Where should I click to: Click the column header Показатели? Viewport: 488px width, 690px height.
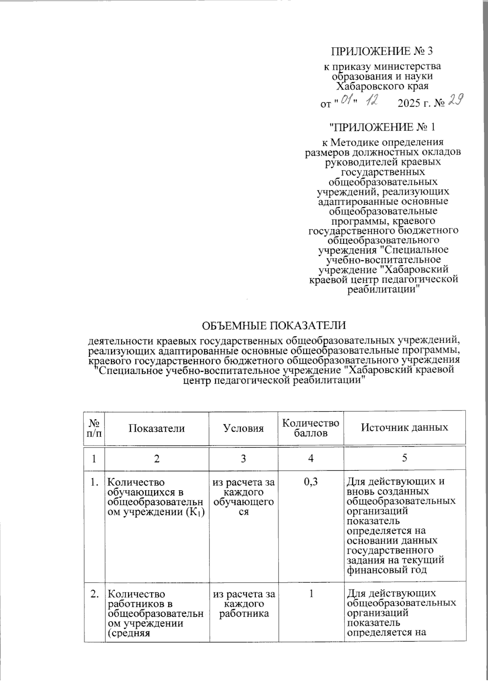click(157, 428)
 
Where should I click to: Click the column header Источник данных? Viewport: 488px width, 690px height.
click(405, 428)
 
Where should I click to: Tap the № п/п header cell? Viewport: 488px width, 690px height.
click(94, 428)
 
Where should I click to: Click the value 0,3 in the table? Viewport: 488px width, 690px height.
click(311, 483)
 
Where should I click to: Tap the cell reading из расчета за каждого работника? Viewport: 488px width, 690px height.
click(244, 604)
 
